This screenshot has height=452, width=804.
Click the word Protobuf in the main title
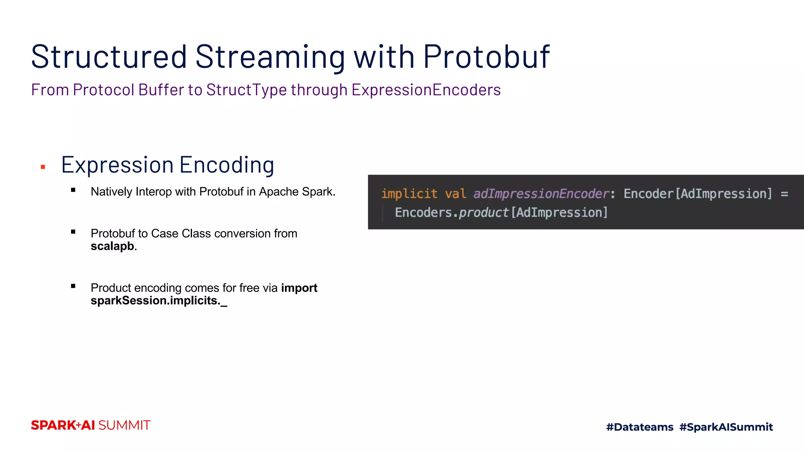[486, 57]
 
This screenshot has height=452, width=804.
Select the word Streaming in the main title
[270, 57]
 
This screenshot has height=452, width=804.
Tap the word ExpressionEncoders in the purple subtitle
[426, 90]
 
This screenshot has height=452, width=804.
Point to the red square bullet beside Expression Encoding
[43, 167]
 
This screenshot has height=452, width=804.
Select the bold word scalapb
[112, 246]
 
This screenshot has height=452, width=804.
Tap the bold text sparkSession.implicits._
[159, 301]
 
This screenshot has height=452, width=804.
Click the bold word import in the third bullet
[299, 288]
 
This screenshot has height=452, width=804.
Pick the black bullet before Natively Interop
[73, 190]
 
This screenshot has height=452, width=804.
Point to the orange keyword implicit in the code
[409, 194]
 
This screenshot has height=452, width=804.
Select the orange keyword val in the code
[455, 194]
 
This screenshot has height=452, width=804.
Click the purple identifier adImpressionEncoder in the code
[541, 194]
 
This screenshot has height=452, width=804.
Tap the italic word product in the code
[484, 213]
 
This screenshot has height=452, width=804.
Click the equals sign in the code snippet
[784, 194]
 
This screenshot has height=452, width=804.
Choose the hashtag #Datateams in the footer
[640, 427]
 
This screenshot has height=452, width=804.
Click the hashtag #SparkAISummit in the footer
[726, 427]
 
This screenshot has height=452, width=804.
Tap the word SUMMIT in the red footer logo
[124, 425]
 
